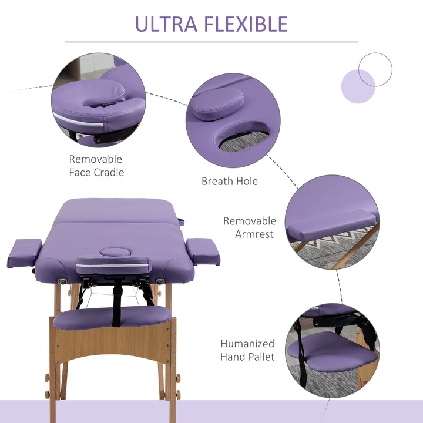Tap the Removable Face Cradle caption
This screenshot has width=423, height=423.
pyautogui.click(x=96, y=166)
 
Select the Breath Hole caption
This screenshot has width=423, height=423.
pyautogui.click(x=230, y=181)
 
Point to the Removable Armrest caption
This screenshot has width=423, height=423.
pyautogui.click(x=249, y=227)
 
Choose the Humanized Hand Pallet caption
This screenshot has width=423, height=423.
pyautogui.click(x=247, y=350)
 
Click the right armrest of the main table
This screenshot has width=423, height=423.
pyautogui.click(x=202, y=251)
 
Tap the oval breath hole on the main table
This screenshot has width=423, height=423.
pyautogui.click(x=113, y=252)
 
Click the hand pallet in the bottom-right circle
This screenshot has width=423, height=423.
pyautogui.click(x=332, y=352)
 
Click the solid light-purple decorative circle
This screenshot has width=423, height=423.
pyautogui.click(x=357, y=87)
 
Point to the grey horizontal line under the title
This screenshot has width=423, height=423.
pyautogui.click(x=211, y=42)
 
